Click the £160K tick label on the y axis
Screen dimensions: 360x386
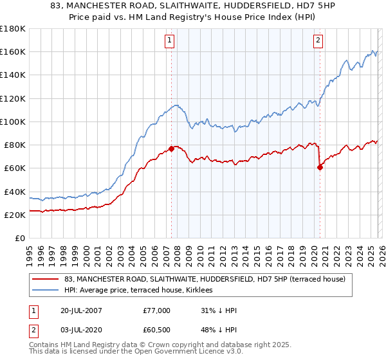pos(13,51)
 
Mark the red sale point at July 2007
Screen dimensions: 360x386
pos(171,148)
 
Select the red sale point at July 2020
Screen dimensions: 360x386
pos(320,168)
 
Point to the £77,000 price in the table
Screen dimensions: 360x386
pos(157,310)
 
